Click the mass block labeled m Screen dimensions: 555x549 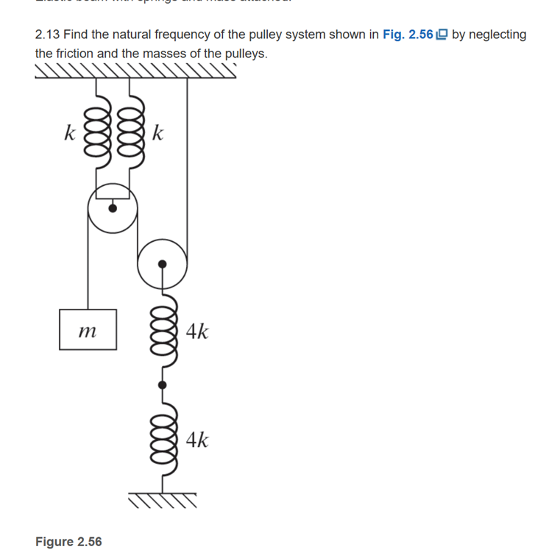(x=88, y=329)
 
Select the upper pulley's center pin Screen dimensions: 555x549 (x=112, y=208)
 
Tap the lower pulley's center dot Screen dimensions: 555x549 (x=162, y=263)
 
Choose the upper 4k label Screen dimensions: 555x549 (x=196, y=332)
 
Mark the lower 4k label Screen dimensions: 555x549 (x=196, y=440)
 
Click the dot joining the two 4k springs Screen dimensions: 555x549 (x=162, y=384)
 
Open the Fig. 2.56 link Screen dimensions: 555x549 (x=408, y=35)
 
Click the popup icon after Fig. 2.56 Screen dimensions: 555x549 (x=442, y=35)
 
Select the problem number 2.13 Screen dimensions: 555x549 (x=47, y=35)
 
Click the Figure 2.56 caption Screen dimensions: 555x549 (x=68, y=542)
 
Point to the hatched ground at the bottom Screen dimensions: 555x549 (x=163, y=501)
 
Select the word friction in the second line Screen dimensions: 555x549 (x=78, y=54)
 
